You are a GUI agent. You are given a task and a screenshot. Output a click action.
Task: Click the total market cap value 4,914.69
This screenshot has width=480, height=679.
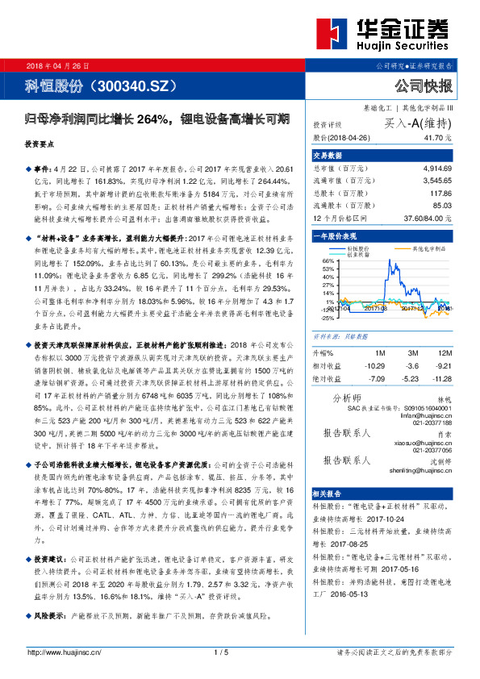tap(436, 169)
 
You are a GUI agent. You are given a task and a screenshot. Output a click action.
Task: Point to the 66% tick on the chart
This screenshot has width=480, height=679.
tap(327, 261)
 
